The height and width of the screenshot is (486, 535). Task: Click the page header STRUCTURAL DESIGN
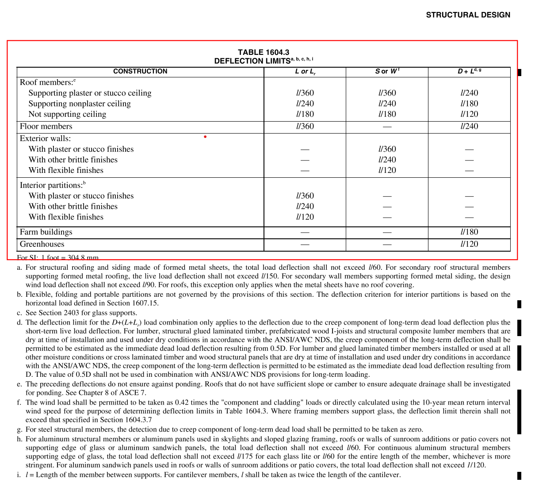pyautogui.click(x=468, y=15)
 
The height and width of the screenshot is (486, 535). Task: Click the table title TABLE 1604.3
pyautogui.click(x=264, y=52)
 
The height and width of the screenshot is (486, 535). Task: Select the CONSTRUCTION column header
pyautogui.click(x=140, y=71)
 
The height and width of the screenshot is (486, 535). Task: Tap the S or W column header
pyautogui.click(x=386, y=71)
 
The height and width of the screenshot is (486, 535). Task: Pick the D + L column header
pyautogui.click(x=469, y=71)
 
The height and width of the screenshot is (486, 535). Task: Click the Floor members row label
pyautogui.click(x=46, y=126)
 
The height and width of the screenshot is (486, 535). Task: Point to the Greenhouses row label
pyautogui.click(x=42, y=244)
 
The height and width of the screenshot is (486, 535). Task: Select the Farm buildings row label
pyautogui.click(x=46, y=232)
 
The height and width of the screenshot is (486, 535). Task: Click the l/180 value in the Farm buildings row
pyautogui.click(x=469, y=232)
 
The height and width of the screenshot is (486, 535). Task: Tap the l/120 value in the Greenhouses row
pyautogui.click(x=469, y=244)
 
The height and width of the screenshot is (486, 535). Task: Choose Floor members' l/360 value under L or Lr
pyautogui.click(x=305, y=126)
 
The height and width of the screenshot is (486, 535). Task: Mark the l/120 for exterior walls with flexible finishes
pyautogui.click(x=387, y=170)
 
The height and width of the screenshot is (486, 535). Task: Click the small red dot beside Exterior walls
pyautogui.click(x=205, y=137)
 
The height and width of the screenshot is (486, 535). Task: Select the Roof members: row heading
pyautogui.click(x=46, y=82)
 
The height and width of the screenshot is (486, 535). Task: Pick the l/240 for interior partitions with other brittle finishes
pyautogui.click(x=305, y=207)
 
